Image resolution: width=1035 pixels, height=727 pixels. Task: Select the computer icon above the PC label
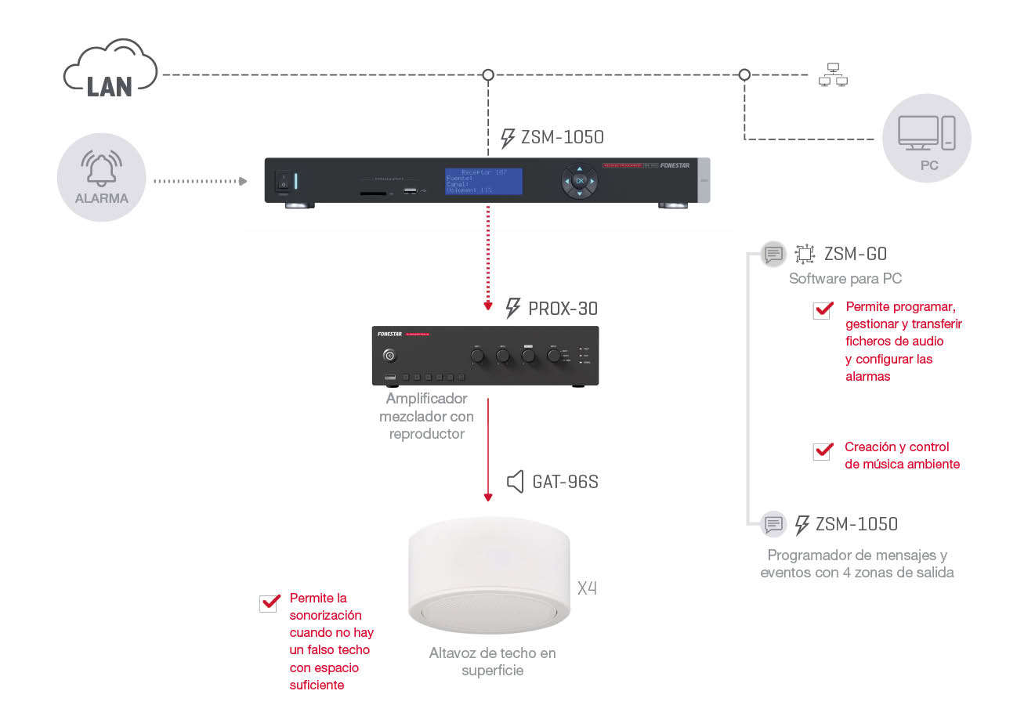(x=926, y=132)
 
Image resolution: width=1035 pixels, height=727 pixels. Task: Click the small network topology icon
(x=833, y=75)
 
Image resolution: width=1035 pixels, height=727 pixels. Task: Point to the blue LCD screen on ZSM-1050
(x=483, y=181)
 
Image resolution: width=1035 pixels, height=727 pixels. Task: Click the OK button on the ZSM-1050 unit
(x=580, y=181)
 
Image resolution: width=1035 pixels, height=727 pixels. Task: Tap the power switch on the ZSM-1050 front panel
(x=283, y=181)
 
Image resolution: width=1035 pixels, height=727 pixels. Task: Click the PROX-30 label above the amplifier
(x=563, y=309)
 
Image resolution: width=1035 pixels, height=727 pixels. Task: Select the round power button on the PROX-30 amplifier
(x=389, y=356)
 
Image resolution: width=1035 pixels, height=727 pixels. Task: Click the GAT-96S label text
(x=565, y=482)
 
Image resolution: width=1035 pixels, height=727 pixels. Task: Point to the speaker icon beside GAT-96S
(x=515, y=481)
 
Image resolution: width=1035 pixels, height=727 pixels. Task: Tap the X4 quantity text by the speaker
(x=587, y=588)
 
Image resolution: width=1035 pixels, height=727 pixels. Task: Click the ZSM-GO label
(x=855, y=254)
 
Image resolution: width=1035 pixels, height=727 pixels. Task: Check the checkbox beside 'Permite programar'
(x=823, y=310)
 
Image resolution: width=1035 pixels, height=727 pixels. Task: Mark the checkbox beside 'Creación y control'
(x=823, y=451)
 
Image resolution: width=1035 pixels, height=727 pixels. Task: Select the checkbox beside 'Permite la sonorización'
(x=270, y=602)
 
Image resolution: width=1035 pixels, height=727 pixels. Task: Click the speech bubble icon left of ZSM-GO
(x=773, y=254)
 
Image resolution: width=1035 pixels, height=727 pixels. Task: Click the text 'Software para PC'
(x=845, y=279)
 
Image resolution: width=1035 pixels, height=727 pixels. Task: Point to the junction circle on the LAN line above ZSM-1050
(x=488, y=75)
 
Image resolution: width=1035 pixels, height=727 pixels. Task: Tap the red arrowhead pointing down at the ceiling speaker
(x=488, y=497)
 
